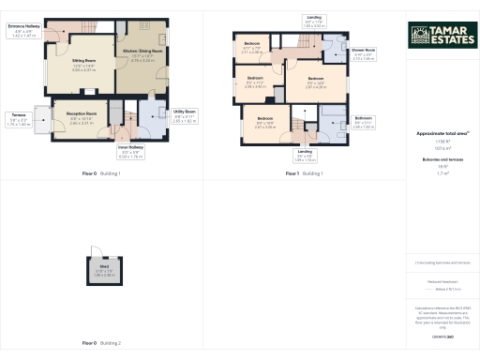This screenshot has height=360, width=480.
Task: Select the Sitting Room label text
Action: coord(84,66)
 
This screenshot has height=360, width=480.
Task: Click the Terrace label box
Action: coord(20,119)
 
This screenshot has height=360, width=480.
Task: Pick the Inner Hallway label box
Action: coord(130,153)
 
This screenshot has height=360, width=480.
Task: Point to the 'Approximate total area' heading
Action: coord(437,134)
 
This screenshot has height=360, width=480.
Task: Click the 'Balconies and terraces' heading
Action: coord(437,162)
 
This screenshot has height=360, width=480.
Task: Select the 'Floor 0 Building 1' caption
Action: coord(101,174)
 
